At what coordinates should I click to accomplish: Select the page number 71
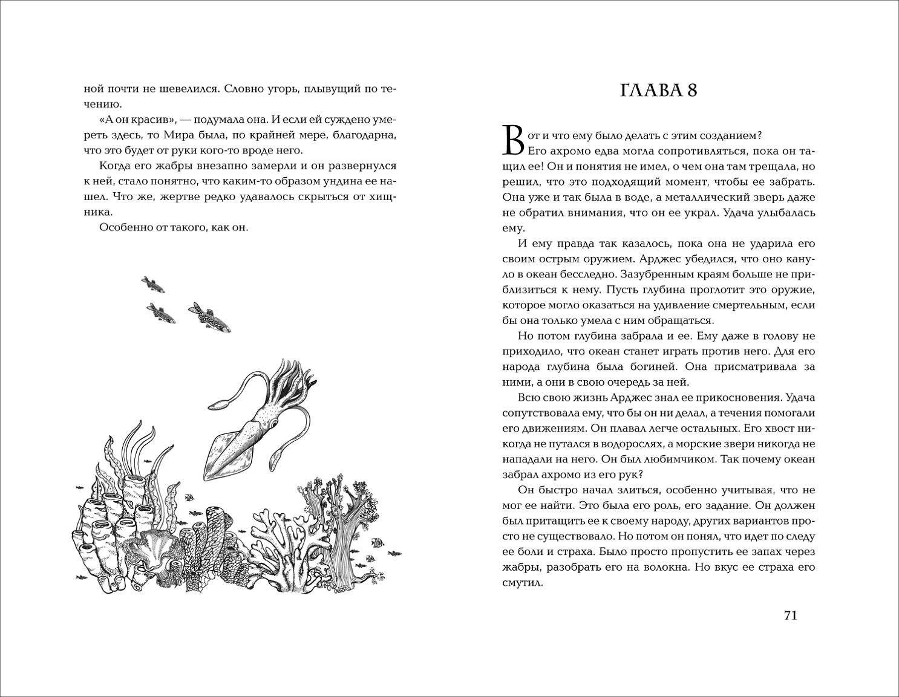coord(791,615)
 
